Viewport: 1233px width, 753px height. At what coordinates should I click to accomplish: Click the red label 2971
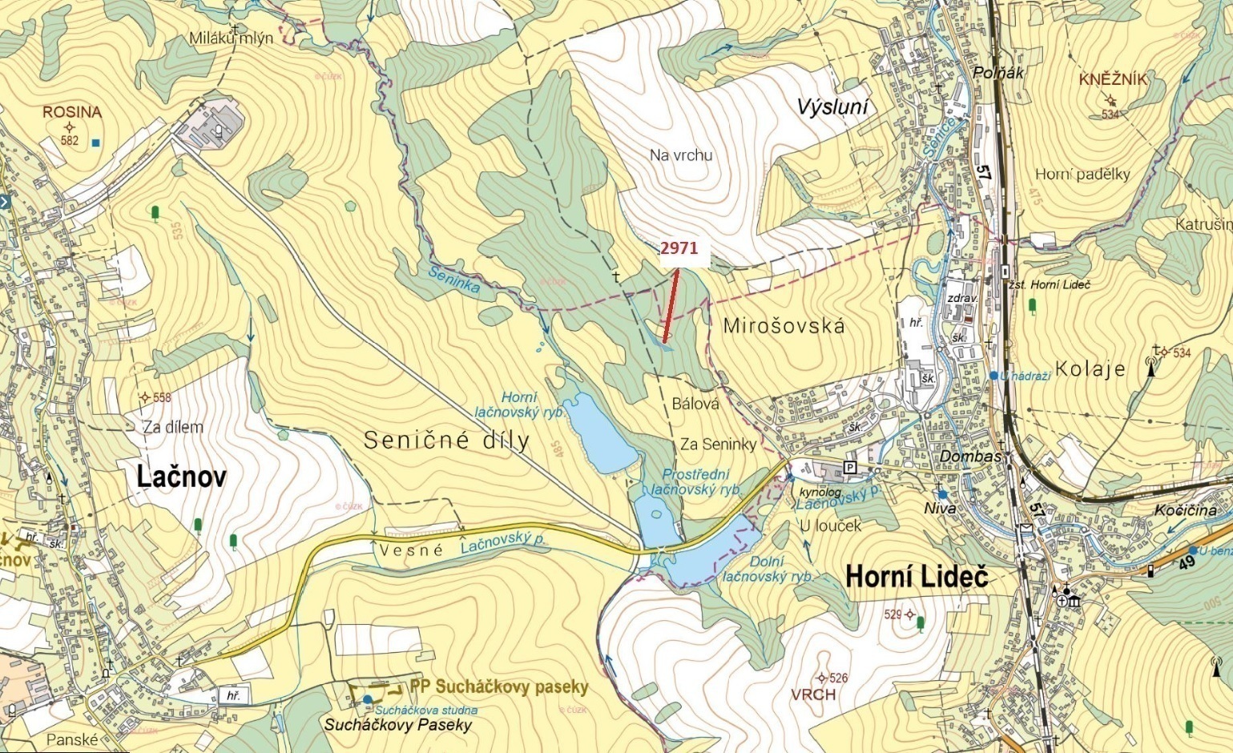[x=679, y=248]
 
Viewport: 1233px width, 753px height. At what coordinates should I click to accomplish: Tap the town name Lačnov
[x=181, y=477]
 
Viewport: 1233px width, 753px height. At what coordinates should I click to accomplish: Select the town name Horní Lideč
[x=917, y=577]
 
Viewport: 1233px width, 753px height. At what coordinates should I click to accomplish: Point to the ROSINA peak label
[x=72, y=112]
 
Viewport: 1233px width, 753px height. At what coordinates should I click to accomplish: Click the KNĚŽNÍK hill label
[x=1113, y=79]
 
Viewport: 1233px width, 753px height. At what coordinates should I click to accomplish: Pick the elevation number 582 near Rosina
[x=70, y=141]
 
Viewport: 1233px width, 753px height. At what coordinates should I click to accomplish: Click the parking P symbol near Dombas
[x=850, y=468]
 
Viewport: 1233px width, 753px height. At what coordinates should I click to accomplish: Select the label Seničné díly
[x=446, y=440]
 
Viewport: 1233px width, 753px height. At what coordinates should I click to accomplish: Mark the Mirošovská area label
[x=784, y=326]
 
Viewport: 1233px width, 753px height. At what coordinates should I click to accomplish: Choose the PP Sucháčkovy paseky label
[x=498, y=687]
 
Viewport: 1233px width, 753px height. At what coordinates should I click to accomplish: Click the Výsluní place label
[x=832, y=107]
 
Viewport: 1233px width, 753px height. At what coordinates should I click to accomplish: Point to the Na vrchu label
[x=681, y=155]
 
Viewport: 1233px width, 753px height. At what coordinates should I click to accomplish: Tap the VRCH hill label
[x=813, y=695]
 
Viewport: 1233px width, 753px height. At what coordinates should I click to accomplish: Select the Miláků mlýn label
[x=232, y=38]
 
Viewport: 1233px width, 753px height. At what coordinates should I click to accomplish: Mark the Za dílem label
[x=173, y=427]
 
